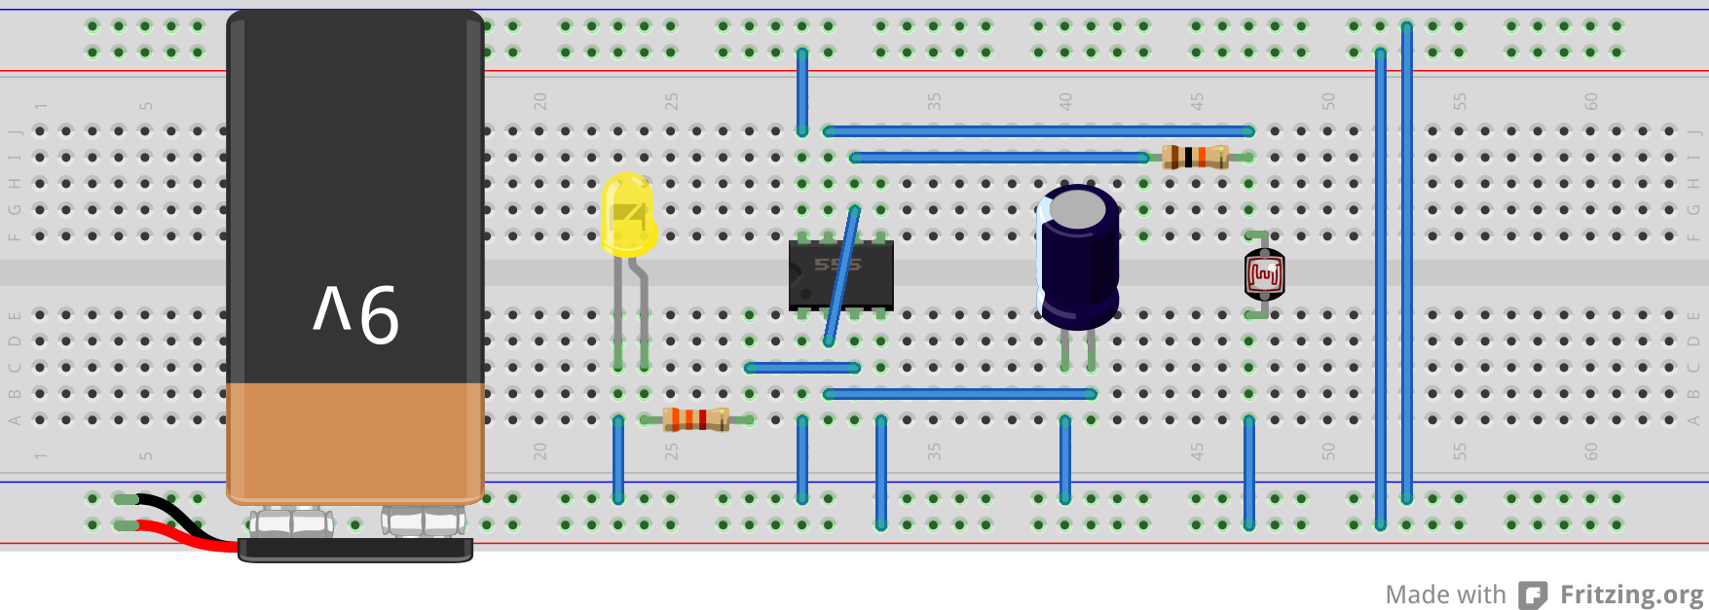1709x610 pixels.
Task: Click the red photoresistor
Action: point(1264,275)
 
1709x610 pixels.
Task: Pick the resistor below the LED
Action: point(695,419)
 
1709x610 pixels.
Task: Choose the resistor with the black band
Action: point(1195,157)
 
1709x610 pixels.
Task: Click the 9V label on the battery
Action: point(355,313)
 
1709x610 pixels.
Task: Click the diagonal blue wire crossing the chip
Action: point(841,277)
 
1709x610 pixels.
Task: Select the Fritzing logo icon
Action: point(1534,594)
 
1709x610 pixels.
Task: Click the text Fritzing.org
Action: point(1631,593)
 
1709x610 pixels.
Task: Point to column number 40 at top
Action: point(1065,101)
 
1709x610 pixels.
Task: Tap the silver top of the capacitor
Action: point(1077,209)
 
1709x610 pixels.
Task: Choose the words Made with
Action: point(1445,594)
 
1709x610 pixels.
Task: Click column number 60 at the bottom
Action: point(1591,451)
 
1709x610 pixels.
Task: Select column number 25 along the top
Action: point(671,101)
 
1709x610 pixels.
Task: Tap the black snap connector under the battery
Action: point(355,551)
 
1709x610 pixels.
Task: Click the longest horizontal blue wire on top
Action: point(1038,130)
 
